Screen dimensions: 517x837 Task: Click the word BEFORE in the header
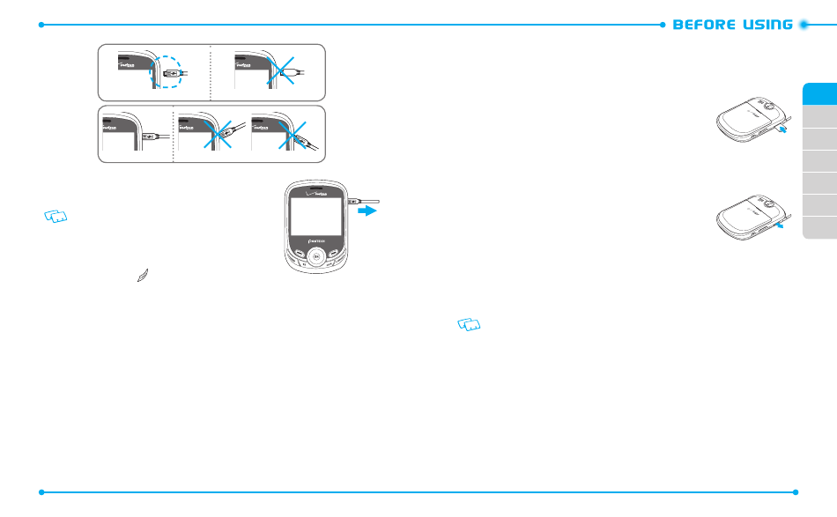click(x=700, y=25)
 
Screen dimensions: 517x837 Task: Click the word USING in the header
click(x=766, y=25)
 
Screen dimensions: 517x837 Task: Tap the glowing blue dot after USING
click(x=803, y=25)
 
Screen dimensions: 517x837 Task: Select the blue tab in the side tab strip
click(x=819, y=94)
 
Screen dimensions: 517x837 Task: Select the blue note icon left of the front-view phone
click(x=56, y=217)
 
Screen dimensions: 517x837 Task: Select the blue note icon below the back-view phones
click(x=470, y=326)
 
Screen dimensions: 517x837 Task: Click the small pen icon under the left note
click(x=143, y=277)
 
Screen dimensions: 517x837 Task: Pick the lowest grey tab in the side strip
click(x=819, y=227)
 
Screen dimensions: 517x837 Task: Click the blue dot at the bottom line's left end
click(x=41, y=491)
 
